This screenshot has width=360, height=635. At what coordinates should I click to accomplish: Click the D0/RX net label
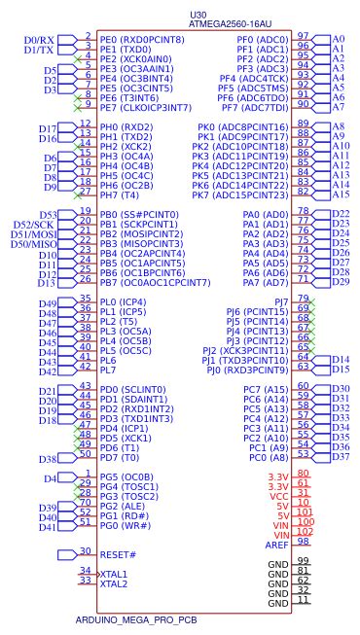click(x=40, y=39)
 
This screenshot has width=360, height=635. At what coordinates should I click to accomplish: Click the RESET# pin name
click(x=118, y=553)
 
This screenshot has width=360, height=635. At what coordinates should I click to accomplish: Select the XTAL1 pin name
click(x=114, y=573)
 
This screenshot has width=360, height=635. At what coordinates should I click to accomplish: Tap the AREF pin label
click(x=278, y=545)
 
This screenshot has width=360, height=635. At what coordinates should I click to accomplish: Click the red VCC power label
click(x=278, y=495)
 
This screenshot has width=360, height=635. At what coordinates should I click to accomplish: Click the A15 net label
click(x=339, y=195)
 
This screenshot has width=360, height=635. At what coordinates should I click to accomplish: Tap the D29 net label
click(x=341, y=282)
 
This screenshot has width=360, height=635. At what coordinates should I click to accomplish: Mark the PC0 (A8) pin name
click(x=266, y=457)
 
